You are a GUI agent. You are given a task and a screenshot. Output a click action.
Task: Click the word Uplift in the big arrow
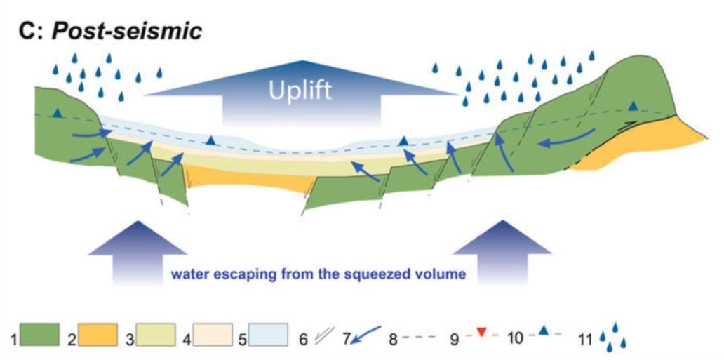tap(301, 91)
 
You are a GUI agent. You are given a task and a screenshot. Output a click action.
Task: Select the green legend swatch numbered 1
tap(40, 335)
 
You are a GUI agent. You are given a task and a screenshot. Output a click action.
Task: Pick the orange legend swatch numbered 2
tap(98, 335)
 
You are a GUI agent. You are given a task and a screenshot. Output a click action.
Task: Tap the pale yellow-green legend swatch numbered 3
tap(155, 335)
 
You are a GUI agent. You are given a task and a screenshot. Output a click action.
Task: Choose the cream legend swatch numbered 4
tap(213, 335)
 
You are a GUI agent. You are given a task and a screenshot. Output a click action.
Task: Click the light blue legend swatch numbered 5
tap(268, 335)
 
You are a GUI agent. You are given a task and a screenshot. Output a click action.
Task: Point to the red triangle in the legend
tap(481, 332)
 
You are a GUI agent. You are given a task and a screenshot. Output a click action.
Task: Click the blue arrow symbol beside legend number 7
tap(366, 335)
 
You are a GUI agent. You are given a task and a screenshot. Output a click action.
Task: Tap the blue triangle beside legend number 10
tap(544, 331)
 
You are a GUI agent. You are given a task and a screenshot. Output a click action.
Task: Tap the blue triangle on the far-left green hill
tap(58, 113)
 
